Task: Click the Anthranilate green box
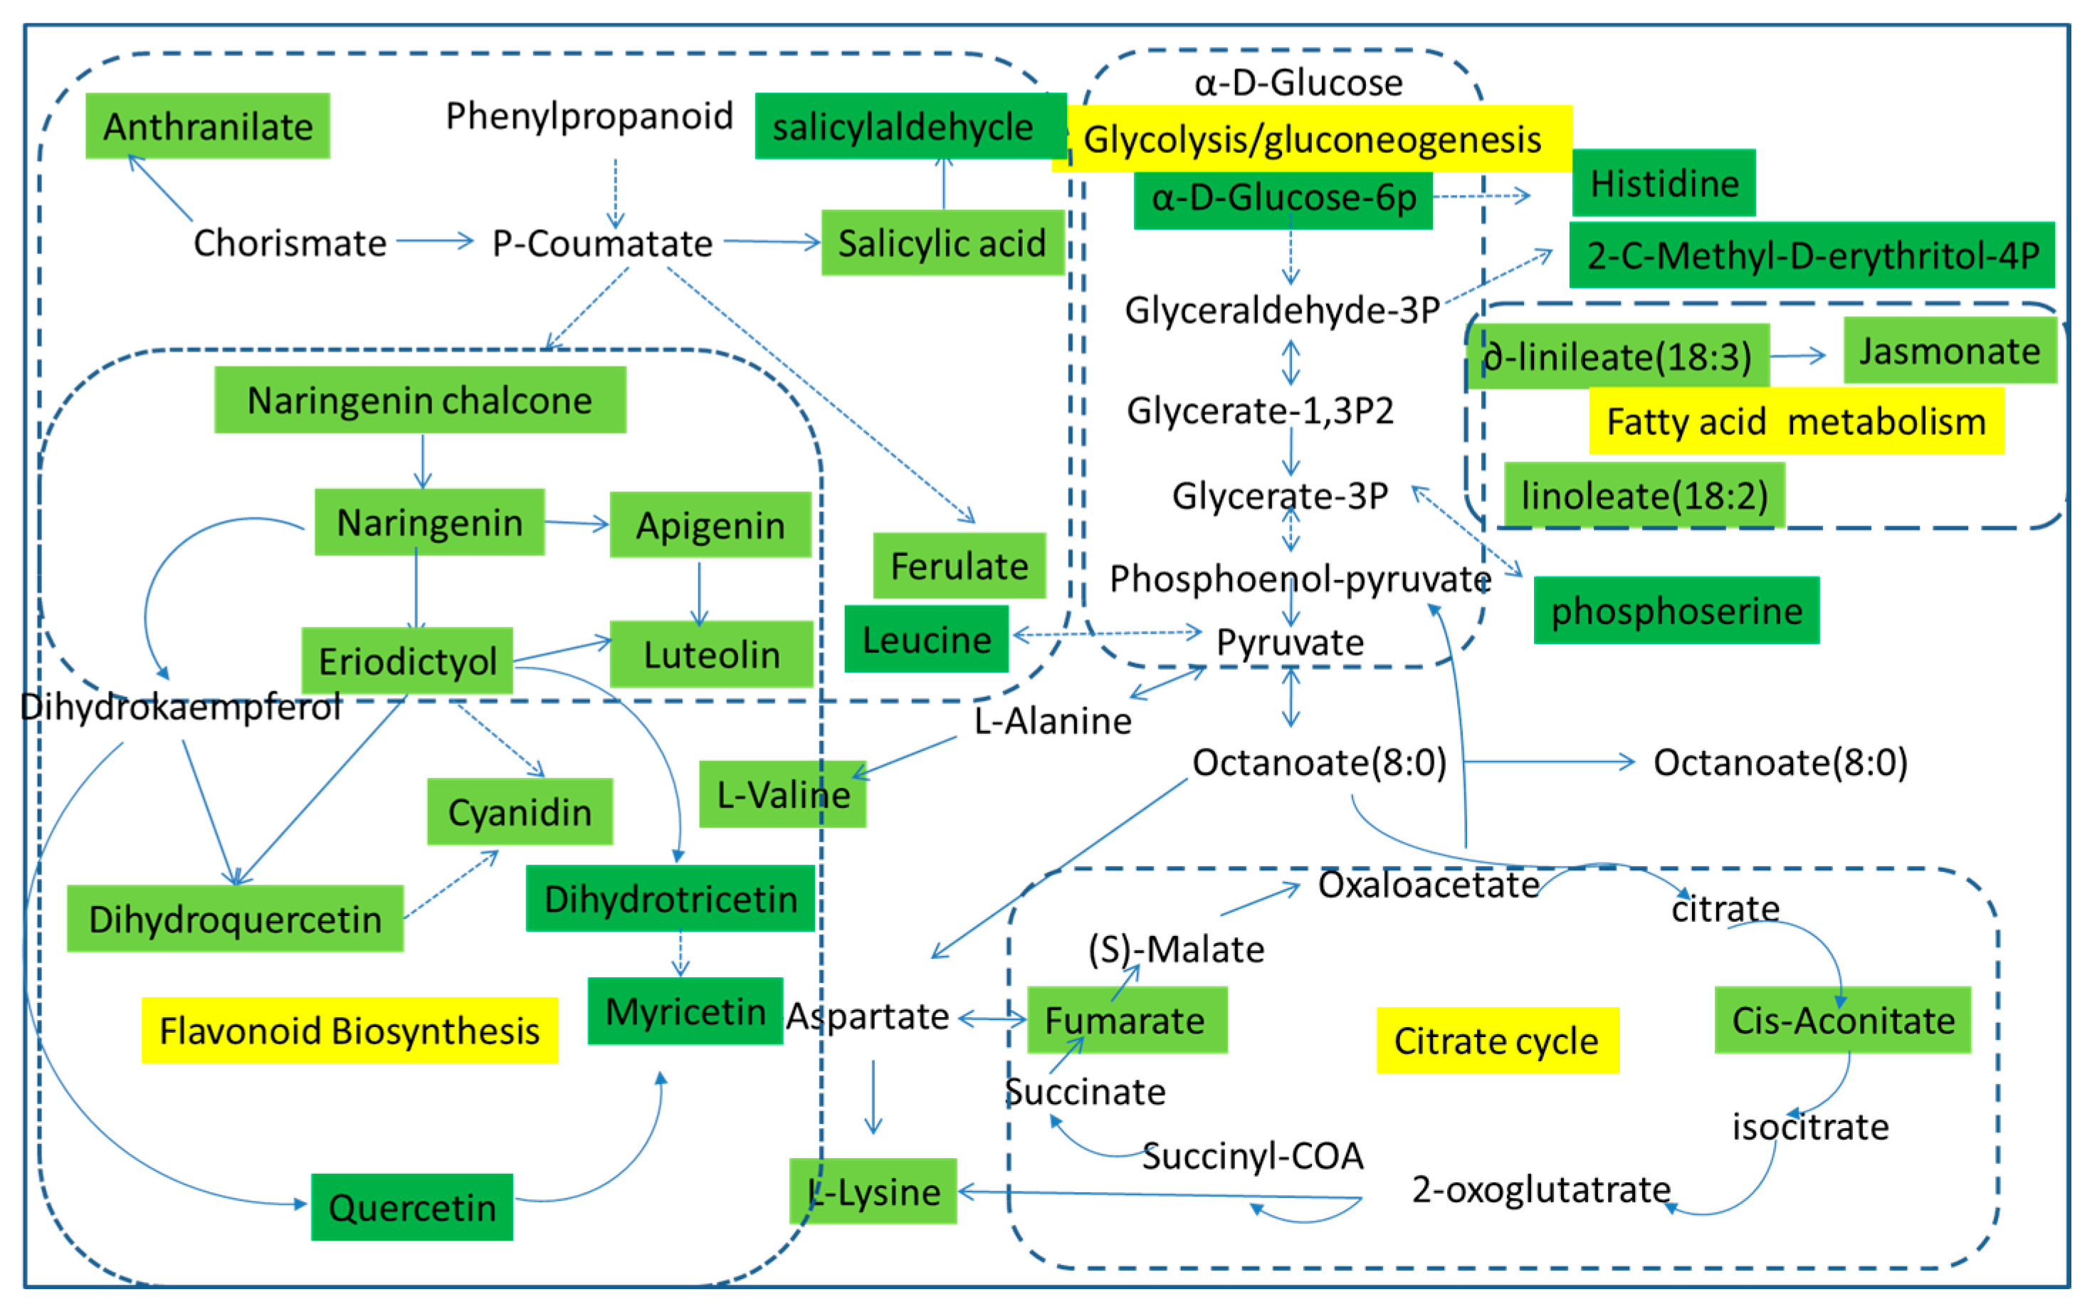click(x=208, y=127)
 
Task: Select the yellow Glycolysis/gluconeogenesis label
click(x=1312, y=140)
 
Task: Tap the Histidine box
click(x=1664, y=183)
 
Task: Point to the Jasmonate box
click(x=1949, y=351)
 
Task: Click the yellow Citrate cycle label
click(x=1496, y=1040)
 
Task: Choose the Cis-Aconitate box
click(x=1842, y=1020)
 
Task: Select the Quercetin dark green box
click(x=411, y=1207)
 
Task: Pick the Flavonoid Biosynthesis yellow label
click(x=349, y=1030)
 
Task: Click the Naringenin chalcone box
click(x=420, y=400)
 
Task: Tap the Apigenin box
click(x=710, y=525)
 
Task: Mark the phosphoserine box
click(x=1676, y=610)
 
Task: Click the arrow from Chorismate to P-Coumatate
click(x=436, y=241)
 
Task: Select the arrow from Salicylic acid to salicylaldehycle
click(x=944, y=184)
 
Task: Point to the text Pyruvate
click(x=1289, y=642)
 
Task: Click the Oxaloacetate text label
click(x=1428, y=885)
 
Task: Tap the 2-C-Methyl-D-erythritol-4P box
click(x=1812, y=256)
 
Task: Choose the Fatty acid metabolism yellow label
click(x=1796, y=421)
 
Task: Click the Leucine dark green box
click(x=926, y=640)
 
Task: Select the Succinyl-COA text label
click(x=1252, y=1156)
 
